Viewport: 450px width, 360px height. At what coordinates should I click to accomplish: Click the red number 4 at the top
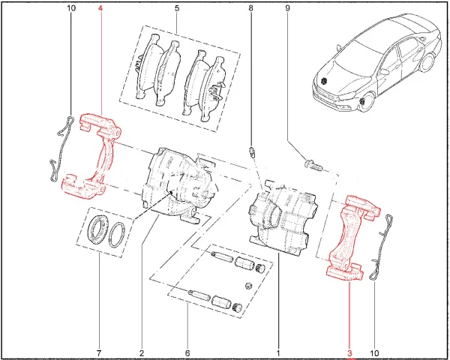point(100,8)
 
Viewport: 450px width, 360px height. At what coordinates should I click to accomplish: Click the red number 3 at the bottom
point(349,352)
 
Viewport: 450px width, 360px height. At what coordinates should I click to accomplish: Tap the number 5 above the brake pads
point(177,8)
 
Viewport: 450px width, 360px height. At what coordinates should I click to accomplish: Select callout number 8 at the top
point(250,8)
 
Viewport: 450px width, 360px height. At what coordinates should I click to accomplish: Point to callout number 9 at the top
point(287,8)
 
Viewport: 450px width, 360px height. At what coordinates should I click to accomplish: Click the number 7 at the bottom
point(99,352)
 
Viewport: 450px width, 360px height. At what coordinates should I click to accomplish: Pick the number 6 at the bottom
point(187,352)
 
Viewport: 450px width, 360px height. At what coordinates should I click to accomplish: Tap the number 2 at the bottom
point(142,352)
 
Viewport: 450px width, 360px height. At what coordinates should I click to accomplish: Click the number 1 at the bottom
point(277,352)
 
